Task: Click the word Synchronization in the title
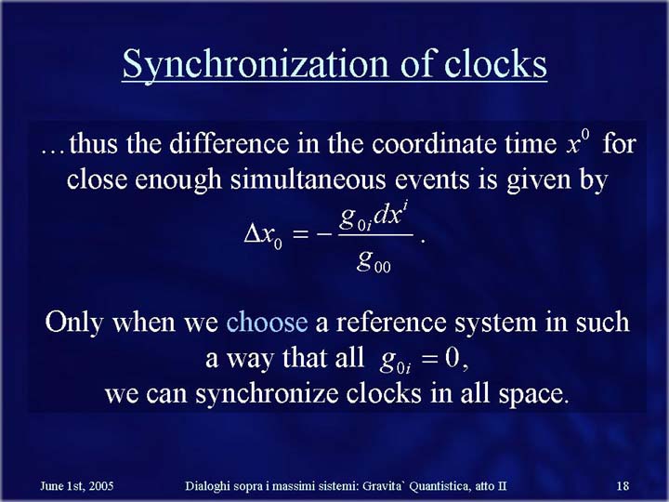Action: pyautogui.click(x=256, y=64)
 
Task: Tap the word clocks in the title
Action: pyautogui.click(x=496, y=63)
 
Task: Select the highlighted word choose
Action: pyautogui.click(x=267, y=322)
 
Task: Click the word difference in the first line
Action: pyautogui.click(x=230, y=143)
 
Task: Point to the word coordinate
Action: pyautogui.click(x=435, y=143)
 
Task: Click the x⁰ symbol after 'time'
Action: pyautogui.click(x=578, y=142)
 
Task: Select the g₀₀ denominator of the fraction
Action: pyautogui.click(x=374, y=261)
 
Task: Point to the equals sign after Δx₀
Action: pyautogui.click(x=301, y=235)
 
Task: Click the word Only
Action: pyautogui.click(x=74, y=323)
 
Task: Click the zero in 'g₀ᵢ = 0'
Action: pyautogui.click(x=452, y=359)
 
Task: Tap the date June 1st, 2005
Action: pyautogui.click(x=77, y=486)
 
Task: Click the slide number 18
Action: pyautogui.click(x=623, y=486)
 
